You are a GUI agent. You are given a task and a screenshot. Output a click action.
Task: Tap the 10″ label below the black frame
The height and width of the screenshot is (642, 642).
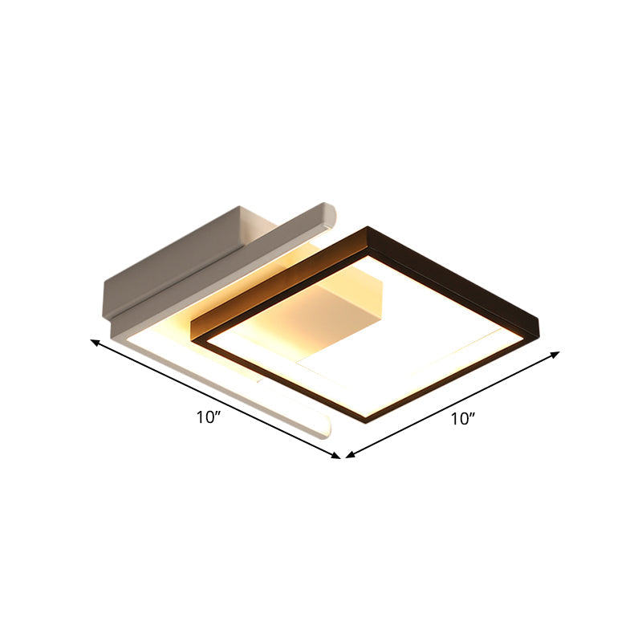click(x=463, y=417)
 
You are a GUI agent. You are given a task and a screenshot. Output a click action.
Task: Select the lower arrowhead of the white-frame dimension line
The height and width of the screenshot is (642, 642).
click(x=337, y=457)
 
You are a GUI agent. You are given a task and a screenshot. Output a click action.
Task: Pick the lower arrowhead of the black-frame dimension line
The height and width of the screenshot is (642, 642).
click(x=349, y=455)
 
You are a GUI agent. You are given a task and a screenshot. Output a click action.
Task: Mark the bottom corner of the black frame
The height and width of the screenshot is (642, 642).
click(x=368, y=419)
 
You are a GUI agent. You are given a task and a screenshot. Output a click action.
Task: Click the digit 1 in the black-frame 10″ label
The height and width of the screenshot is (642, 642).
click(x=453, y=418)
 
